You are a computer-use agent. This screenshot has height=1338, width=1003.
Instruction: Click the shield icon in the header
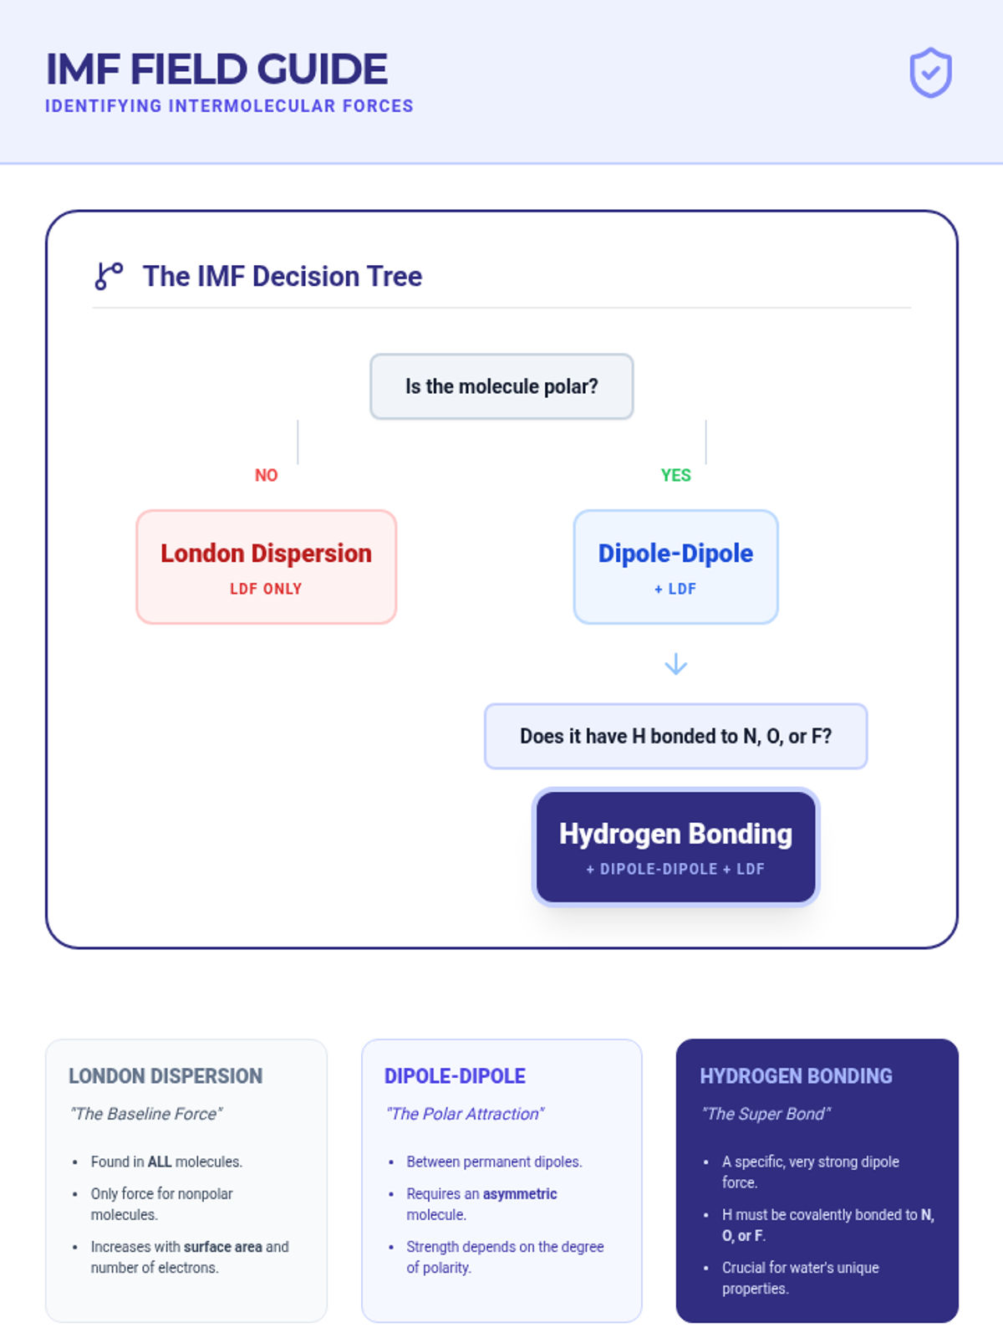[930, 74]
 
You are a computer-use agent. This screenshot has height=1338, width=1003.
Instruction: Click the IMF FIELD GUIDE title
[216, 69]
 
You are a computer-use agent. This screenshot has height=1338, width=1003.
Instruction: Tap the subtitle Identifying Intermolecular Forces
[229, 106]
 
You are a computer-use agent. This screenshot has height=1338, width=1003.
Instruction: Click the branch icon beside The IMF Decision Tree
[109, 276]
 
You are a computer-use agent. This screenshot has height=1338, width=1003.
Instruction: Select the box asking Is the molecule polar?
[501, 386]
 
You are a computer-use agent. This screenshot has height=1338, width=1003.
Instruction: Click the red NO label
[266, 476]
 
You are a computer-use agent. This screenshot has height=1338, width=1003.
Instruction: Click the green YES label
[675, 476]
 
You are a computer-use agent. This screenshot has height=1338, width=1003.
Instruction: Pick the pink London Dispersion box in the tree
[266, 567]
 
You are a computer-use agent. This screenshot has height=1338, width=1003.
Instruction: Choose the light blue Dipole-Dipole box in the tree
[675, 567]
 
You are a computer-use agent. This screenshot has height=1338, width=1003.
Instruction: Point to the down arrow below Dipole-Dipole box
[675, 665]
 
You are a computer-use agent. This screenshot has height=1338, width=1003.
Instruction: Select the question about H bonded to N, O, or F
[675, 736]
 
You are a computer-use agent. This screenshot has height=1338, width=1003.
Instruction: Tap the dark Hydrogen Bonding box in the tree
[675, 846]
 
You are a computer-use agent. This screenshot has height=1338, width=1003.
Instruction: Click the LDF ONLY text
[266, 589]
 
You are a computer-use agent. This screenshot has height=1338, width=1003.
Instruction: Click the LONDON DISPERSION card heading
[165, 1076]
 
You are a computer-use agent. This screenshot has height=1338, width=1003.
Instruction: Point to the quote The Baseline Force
[146, 1114]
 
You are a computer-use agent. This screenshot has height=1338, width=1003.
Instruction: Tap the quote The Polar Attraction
[465, 1114]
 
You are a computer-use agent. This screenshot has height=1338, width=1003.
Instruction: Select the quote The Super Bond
[766, 1114]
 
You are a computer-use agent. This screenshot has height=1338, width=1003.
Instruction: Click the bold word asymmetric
[520, 1194]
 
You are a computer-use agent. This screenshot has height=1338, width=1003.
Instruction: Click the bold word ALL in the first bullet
[160, 1162]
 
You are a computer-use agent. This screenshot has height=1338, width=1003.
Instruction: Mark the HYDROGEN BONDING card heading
[796, 1076]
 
